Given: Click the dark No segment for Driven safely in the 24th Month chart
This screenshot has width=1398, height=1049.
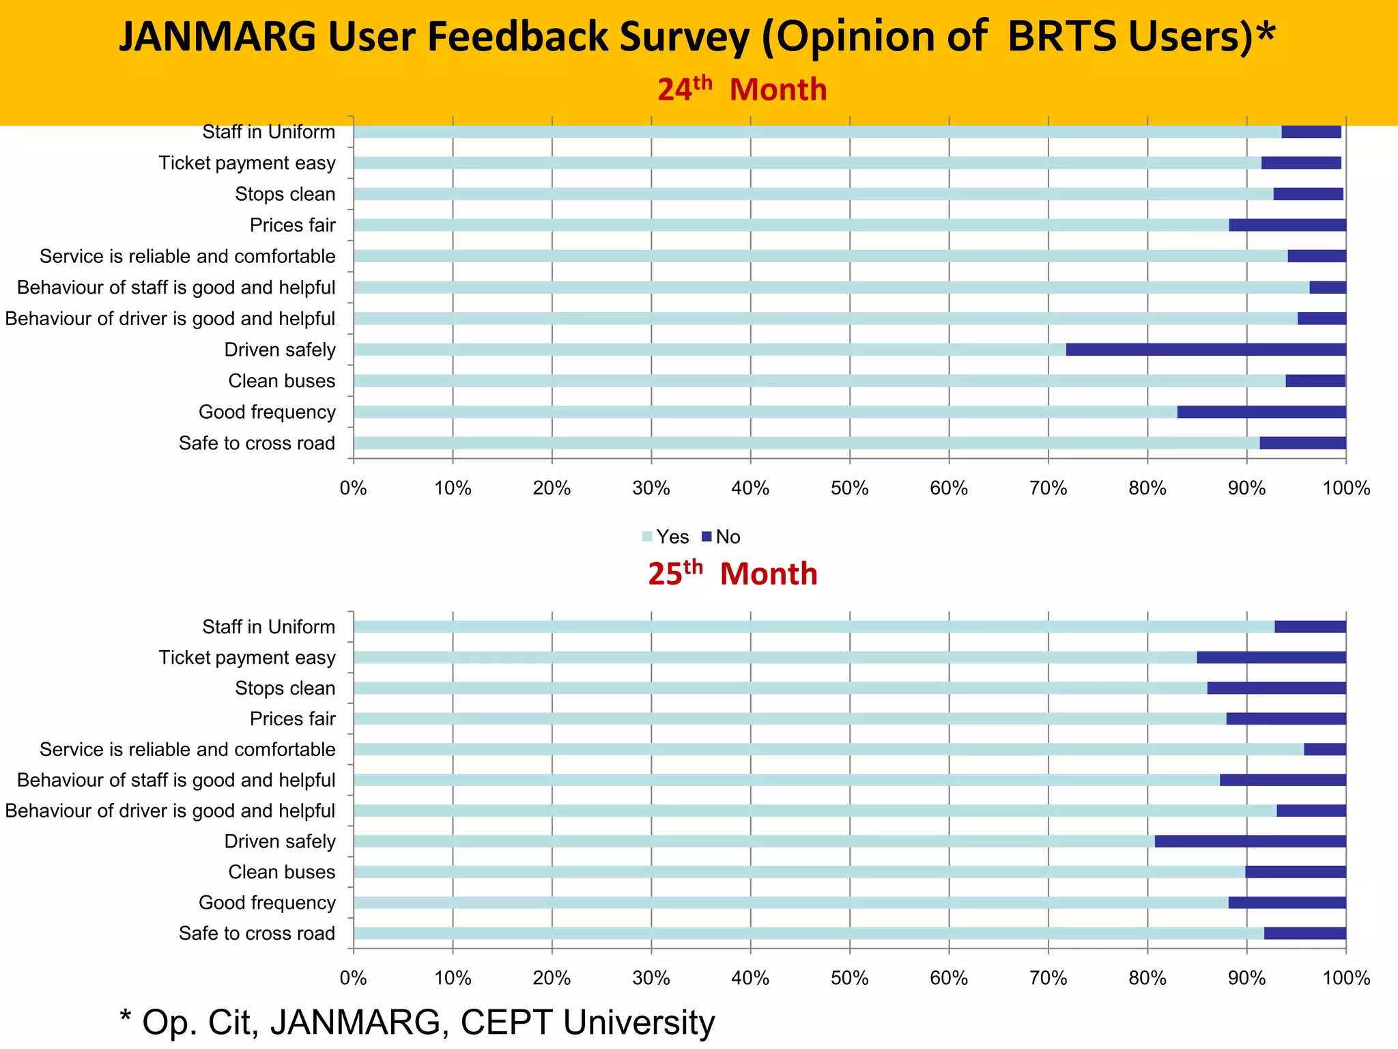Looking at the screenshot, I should tap(1206, 350).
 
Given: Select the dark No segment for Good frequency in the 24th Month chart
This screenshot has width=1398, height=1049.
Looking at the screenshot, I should tap(1261, 412).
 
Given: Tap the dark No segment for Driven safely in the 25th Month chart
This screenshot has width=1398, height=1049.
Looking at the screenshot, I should tap(1250, 841).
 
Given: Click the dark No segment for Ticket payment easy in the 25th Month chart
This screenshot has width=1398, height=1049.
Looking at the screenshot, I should tap(1271, 658).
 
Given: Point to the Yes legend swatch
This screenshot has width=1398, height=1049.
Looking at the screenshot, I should tap(647, 537).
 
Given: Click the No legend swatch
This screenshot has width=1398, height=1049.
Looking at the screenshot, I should tap(707, 537).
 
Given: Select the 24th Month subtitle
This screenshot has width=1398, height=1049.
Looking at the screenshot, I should tap(741, 89).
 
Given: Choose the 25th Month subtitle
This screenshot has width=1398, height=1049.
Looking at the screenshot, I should tap(732, 573).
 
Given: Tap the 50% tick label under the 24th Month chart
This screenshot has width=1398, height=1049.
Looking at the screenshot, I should tap(849, 488).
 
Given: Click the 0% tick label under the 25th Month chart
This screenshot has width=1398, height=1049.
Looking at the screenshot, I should tap(353, 978).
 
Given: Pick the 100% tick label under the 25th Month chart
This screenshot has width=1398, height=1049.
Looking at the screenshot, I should tap(1345, 978).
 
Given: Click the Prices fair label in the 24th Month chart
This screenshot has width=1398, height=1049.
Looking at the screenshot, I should tap(292, 225).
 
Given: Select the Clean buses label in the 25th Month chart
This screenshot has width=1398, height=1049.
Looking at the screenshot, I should tap(281, 872).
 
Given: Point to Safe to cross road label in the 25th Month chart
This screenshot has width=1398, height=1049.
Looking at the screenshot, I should tap(257, 934).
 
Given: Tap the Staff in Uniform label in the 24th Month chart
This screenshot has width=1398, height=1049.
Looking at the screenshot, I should tap(268, 132).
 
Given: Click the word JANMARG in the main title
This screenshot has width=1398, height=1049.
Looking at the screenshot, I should tap(217, 37).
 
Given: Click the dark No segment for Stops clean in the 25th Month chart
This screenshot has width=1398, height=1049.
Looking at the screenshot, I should tap(1276, 688).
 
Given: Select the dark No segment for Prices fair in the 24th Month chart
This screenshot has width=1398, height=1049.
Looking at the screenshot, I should tap(1287, 225).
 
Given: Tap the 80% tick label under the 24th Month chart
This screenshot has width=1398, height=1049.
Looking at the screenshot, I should tap(1147, 488).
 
